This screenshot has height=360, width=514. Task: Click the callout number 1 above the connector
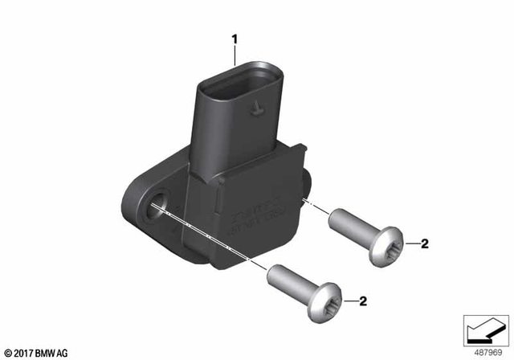(x=235, y=38)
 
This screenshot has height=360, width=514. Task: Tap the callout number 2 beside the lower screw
(x=362, y=302)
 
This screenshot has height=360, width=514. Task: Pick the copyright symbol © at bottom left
(x=7, y=352)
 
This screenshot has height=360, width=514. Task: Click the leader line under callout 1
(x=235, y=55)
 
